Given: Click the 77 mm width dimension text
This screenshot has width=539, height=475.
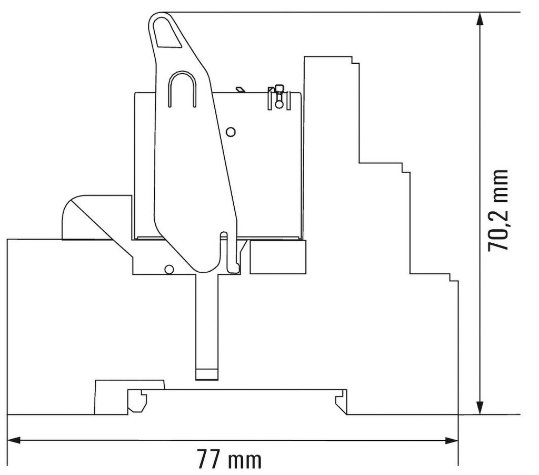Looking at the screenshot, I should pos(229,459).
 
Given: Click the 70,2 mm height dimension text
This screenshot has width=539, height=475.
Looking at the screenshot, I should pos(498,211).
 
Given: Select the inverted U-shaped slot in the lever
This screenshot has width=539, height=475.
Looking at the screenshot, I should pos(182,88).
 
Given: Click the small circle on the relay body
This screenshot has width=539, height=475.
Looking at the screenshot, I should pos(230,131).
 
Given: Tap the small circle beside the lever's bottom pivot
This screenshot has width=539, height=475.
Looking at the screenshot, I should pos(168,269).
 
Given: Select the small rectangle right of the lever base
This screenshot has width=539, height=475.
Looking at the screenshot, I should pos(277,257).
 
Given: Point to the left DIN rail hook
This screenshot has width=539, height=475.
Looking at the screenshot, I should pos(137,401).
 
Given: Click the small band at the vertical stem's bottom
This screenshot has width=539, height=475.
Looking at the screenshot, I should pos(206,374).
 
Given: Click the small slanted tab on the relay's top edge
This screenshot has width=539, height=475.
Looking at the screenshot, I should pos(240,90).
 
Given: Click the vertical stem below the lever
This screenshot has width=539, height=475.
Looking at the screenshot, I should pos(206,321).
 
